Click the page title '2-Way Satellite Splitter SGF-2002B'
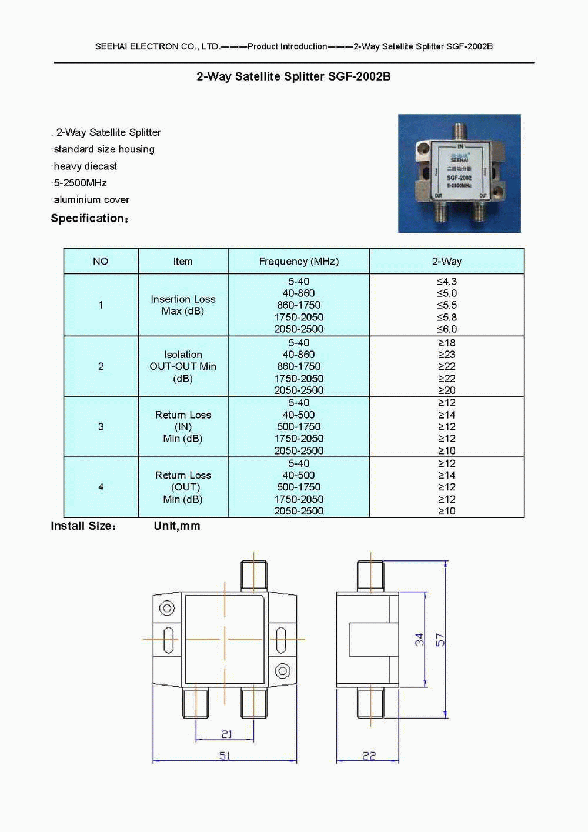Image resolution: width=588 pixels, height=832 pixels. [x=293, y=76]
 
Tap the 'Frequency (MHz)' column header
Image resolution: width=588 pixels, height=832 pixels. [x=299, y=261]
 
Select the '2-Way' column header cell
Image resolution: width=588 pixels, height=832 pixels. [x=447, y=261]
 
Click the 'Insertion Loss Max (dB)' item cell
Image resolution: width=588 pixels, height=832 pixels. [x=183, y=305]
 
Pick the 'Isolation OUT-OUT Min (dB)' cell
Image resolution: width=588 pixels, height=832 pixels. [x=183, y=366]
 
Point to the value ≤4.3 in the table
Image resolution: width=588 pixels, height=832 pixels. [x=447, y=281]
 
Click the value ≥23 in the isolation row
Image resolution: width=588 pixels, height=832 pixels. [x=447, y=355]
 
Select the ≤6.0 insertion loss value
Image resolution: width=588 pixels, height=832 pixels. [x=447, y=329]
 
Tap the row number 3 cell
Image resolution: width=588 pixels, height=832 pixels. [x=101, y=426]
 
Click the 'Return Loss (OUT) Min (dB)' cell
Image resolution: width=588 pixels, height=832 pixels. [x=183, y=487]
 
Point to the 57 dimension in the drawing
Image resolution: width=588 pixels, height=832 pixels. [x=440, y=640]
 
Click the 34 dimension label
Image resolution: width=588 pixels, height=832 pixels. [x=419, y=640]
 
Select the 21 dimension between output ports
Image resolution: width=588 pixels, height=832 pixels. [x=226, y=734]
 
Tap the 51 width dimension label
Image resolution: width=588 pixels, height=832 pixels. [x=225, y=756]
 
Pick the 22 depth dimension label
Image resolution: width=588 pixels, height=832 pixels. [x=369, y=756]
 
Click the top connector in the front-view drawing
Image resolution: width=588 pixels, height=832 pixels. [x=254, y=576]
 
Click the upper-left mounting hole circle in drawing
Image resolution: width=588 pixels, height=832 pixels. [x=167, y=608]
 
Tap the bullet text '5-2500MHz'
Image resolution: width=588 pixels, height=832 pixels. [x=80, y=183]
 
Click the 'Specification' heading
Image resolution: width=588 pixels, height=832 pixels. [x=90, y=218]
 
